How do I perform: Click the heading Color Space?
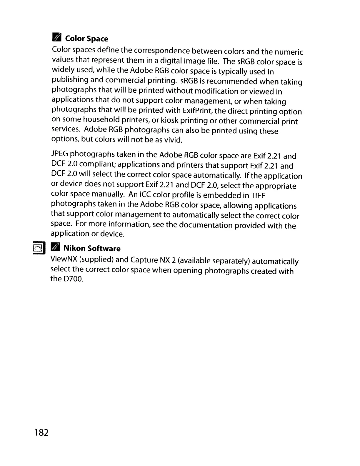86,39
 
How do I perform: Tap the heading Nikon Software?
92,249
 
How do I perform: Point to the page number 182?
41,432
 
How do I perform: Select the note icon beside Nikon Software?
55,248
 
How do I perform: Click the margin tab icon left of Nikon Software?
39,247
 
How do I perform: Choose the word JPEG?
60,154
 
